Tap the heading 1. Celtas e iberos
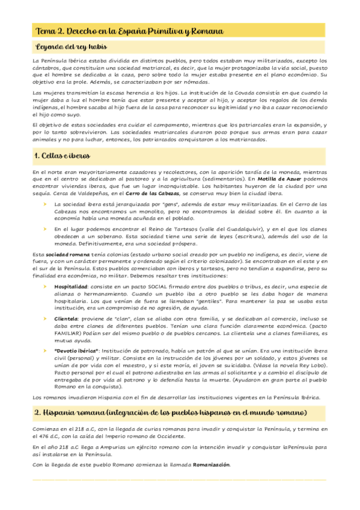63,156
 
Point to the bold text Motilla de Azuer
281,179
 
